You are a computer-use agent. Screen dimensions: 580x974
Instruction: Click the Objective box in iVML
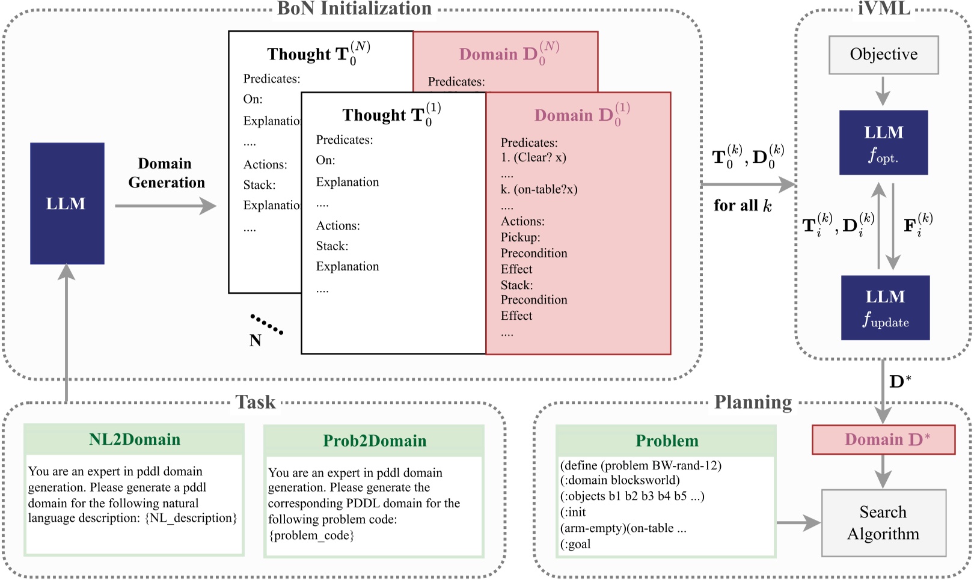tap(883, 55)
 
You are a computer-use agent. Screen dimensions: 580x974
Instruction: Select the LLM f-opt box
tap(883, 142)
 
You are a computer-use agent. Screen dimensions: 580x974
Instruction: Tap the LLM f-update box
tap(885, 308)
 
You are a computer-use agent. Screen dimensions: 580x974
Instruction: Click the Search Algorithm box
tap(883, 523)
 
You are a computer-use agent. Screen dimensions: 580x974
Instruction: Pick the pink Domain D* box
tap(883, 440)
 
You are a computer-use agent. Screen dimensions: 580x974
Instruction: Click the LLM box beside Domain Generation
tap(67, 204)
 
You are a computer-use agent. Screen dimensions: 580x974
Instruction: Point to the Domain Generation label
tap(166, 173)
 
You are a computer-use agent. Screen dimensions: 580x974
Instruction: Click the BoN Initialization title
tap(354, 8)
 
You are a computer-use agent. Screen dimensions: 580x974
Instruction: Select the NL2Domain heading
tap(134, 439)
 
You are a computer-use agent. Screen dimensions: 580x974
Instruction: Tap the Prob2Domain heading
tap(374, 441)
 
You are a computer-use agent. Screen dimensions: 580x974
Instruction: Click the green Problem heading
tap(666, 441)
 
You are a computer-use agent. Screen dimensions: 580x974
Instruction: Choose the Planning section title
tap(753, 402)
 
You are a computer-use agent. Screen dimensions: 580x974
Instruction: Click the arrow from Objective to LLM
tap(883, 91)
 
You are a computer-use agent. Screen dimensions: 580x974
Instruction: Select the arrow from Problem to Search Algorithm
tap(798, 523)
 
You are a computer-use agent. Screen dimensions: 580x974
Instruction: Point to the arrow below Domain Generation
tap(165, 206)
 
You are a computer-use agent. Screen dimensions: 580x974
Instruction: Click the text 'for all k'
tap(743, 206)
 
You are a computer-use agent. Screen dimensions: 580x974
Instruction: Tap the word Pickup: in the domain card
tap(521, 237)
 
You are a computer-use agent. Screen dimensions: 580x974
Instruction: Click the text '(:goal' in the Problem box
tap(575, 545)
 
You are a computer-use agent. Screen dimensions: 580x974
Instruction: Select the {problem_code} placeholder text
tap(311, 535)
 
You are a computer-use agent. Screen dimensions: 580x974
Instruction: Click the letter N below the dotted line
tap(256, 341)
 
